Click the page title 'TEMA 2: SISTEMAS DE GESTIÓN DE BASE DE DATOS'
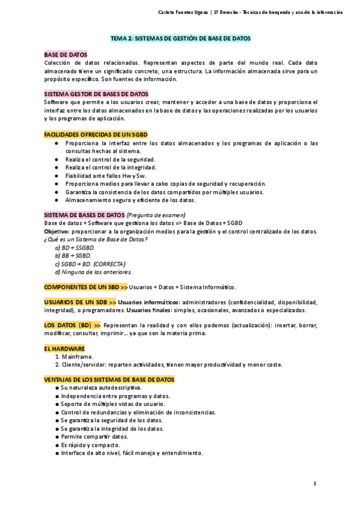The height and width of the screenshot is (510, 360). [x=180, y=38]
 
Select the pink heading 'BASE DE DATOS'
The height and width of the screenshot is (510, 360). [x=66, y=55]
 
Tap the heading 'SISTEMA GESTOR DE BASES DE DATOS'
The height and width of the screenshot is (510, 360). [x=96, y=94]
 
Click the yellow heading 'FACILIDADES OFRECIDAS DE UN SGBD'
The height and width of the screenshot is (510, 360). [x=96, y=135]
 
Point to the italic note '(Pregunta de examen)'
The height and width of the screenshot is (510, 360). [x=156, y=215]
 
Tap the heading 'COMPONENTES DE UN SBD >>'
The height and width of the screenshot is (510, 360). [x=86, y=287]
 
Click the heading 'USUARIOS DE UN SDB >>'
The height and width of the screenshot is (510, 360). [x=81, y=302]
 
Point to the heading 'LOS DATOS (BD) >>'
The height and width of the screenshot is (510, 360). [x=73, y=325]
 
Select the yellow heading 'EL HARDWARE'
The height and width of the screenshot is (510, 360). [x=64, y=348]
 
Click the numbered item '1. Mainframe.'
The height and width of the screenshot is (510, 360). [x=74, y=357]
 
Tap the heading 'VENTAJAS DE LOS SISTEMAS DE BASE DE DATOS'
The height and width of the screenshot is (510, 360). [x=109, y=380]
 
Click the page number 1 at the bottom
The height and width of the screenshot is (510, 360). [x=315, y=484]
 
